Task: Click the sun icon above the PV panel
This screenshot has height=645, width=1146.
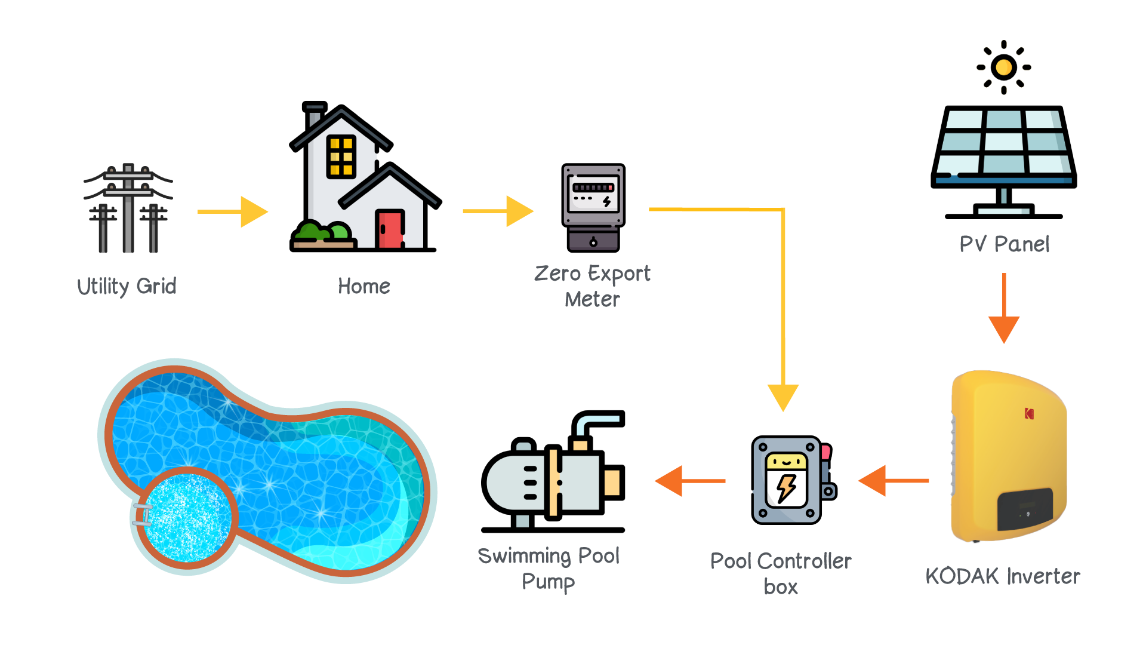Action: pos(1003,67)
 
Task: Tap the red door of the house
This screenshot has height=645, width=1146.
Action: pos(390,229)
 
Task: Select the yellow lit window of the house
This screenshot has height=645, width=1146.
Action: pos(341,156)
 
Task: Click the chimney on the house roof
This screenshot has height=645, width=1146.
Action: pos(314,116)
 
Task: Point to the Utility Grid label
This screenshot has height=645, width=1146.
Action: pos(127,286)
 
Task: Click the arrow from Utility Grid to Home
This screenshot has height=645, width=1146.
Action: pos(233,211)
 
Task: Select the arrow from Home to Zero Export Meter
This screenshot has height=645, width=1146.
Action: pos(498,211)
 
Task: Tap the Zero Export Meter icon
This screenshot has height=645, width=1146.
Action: pos(593,207)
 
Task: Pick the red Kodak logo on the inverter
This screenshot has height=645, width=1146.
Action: pos(1029,413)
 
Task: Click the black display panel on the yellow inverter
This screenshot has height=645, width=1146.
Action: pos(1025,509)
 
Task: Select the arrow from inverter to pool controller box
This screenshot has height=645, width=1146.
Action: pos(894,480)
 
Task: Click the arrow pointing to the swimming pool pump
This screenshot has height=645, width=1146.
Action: pos(690,481)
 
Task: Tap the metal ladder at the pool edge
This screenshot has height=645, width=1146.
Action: pos(143,515)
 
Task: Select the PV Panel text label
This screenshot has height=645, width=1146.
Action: pos(1004,244)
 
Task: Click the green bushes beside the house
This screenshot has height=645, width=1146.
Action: pos(322,232)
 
